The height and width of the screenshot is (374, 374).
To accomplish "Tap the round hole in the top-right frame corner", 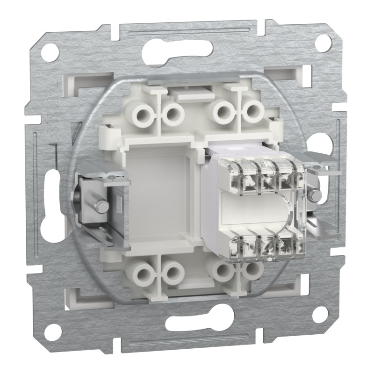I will [x=321, y=43].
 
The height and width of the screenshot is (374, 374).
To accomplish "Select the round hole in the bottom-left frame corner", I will [x=53, y=330].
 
